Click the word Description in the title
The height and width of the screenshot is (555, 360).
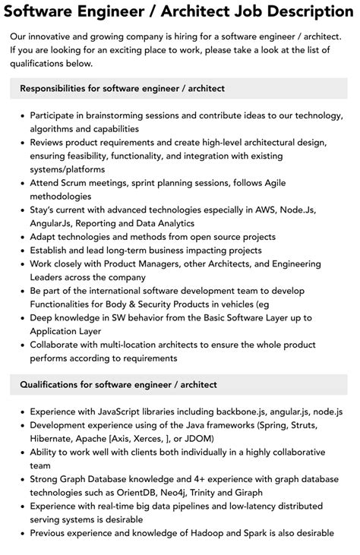pos(307,11)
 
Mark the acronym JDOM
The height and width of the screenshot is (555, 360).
pos(200,438)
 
